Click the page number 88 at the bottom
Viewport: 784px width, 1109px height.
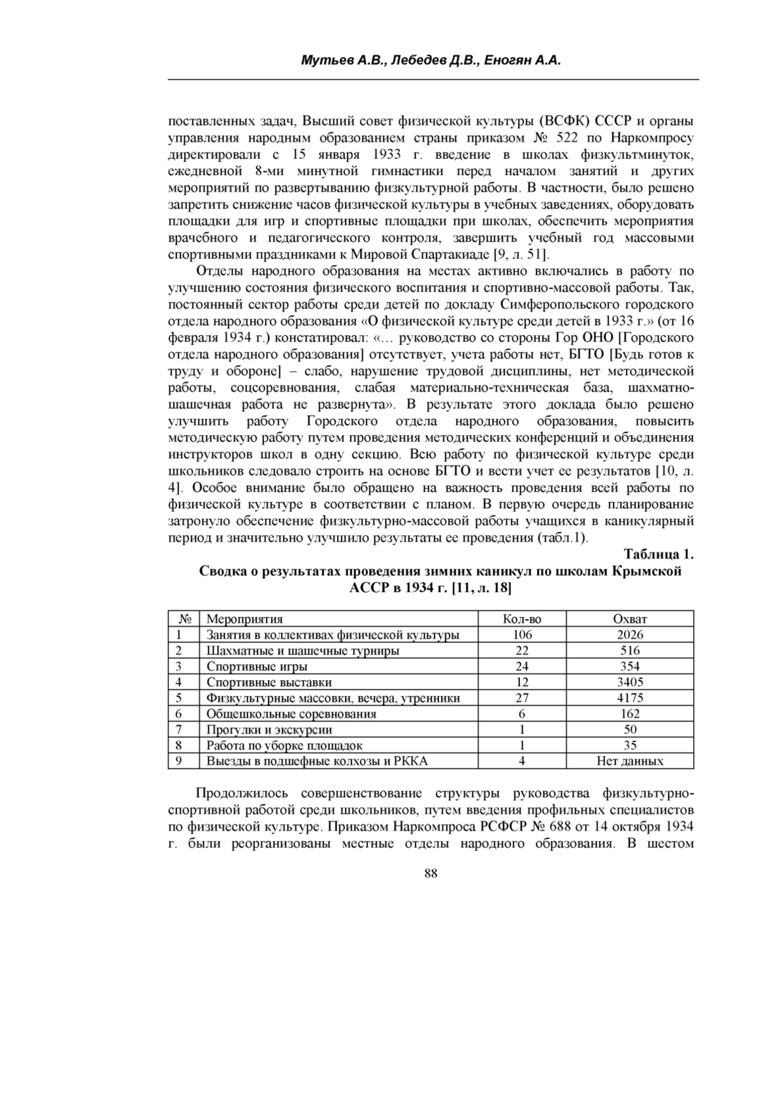point(431,874)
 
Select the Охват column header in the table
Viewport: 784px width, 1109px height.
point(630,619)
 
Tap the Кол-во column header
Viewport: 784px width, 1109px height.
point(522,619)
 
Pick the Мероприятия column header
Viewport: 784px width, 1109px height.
point(244,619)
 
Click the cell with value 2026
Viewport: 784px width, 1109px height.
point(630,635)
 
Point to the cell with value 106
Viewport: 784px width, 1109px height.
point(522,635)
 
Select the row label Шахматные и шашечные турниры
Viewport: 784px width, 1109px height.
point(302,651)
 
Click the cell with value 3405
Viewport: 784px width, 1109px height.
point(630,682)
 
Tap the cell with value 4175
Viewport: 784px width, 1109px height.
point(630,698)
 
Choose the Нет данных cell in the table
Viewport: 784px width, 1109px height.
point(630,761)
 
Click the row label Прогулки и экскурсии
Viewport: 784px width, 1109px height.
point(269,730)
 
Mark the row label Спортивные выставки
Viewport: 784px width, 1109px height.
point(269,682)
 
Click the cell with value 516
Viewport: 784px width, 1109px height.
point(630,651)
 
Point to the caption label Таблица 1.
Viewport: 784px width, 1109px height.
point(659,555)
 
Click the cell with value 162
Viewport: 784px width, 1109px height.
point(630,714)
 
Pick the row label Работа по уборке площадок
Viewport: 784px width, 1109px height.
point(284,746)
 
